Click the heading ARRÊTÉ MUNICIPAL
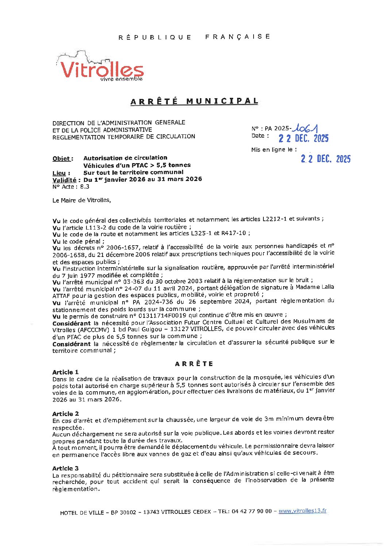point(194,101)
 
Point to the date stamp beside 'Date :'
point(304,138)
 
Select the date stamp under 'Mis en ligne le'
point(325,159)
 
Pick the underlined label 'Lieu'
point(59,173)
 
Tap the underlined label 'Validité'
point(65,180)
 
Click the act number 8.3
point(85,187)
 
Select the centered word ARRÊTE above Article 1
point(194,364)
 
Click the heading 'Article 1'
point(65,372)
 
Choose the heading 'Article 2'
point(65,414)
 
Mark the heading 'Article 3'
point(65,468)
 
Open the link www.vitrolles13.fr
point(302,511)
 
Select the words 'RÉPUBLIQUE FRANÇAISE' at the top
point(194,37)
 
